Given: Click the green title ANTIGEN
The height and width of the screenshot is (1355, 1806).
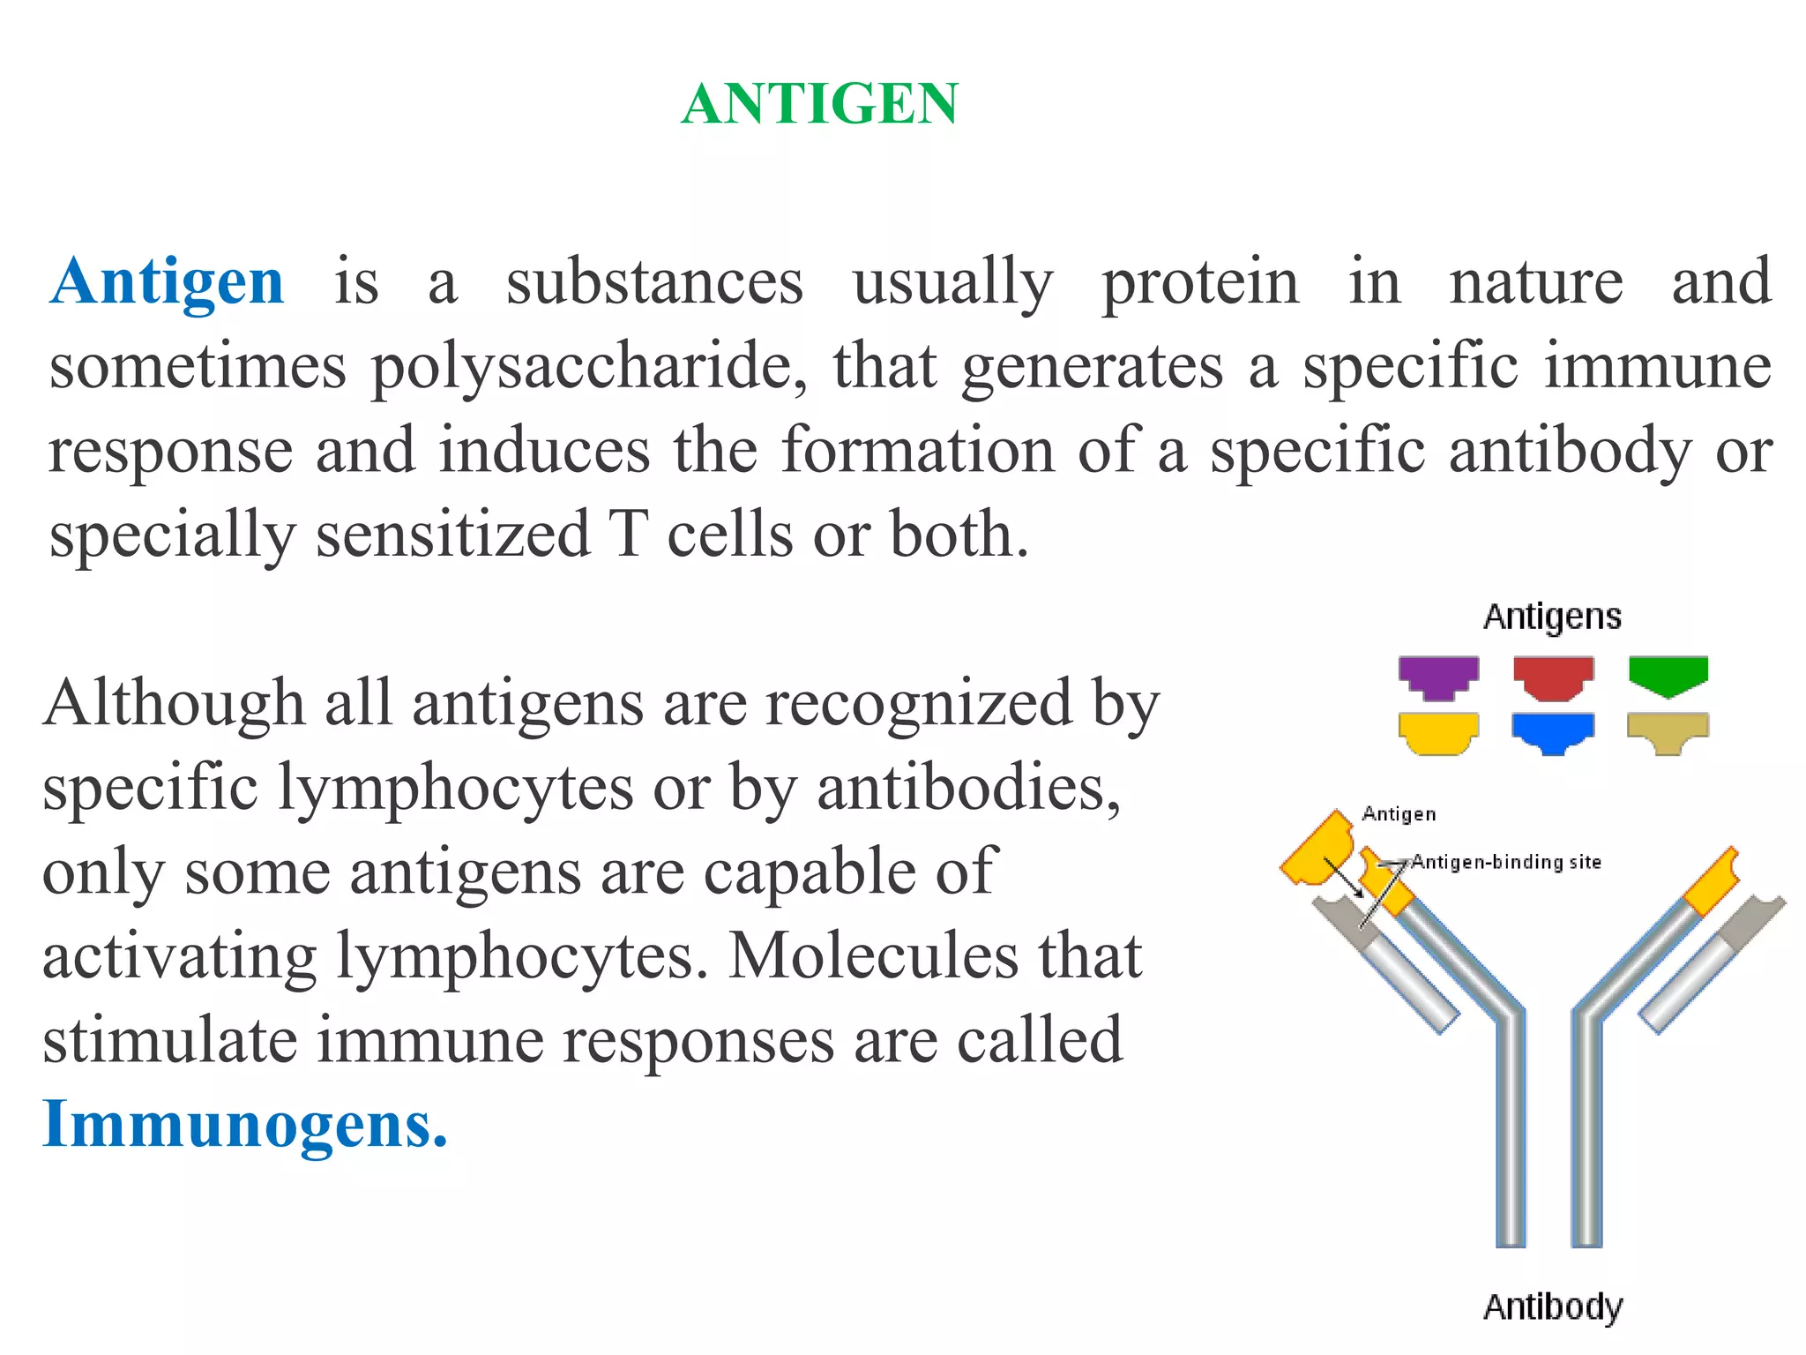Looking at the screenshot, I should (819, 104).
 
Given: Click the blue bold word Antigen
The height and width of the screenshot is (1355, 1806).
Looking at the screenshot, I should (167, 282).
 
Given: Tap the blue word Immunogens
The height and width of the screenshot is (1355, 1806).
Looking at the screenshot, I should (245, 1125).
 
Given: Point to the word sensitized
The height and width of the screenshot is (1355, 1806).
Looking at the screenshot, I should (452, 535).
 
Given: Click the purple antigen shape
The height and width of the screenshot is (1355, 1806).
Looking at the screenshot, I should (1438, 677).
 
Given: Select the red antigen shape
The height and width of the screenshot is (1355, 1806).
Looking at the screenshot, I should (1553, 677).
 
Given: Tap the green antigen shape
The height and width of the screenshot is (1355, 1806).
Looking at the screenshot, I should (1668, 675).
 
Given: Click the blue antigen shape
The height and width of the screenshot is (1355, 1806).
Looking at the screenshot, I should (1553, 732).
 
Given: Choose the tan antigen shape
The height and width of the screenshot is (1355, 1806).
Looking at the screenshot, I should (1668, 732).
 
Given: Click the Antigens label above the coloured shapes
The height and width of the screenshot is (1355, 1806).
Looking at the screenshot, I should (1552, 617).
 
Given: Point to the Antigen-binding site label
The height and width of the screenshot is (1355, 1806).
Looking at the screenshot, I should (1506, 862).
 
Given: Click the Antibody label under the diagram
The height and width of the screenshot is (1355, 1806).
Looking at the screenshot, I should (1552, 1306).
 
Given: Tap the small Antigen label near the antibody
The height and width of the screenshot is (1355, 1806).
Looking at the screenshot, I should (1399, 814).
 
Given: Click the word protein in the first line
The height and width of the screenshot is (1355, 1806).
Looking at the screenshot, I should (1200, 282).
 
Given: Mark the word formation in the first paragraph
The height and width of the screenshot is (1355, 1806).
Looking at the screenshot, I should (918, 451).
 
